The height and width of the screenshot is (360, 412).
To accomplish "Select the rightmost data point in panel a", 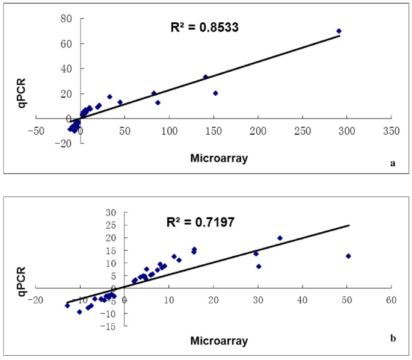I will [x=339, y=31].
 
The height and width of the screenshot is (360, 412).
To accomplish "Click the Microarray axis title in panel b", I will [x=219, y=341].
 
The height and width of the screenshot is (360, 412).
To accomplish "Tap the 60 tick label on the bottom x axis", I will [x=392, y=299].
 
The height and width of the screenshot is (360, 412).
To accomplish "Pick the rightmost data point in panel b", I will [x=348, y=256].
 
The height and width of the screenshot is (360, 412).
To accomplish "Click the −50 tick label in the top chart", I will [x=35, y=130].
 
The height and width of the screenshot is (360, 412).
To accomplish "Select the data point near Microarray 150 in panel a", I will [x=215, y=93].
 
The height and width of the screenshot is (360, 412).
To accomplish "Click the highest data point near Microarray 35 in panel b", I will [x=280, y=238].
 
